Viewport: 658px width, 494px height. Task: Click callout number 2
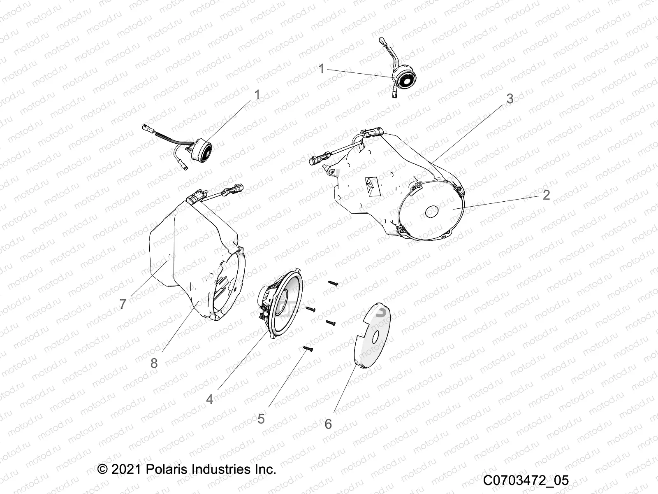click(546, 195)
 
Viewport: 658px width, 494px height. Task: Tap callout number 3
click(510, 99)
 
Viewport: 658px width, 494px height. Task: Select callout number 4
click(210, 399)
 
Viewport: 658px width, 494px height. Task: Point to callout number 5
click(261, 419)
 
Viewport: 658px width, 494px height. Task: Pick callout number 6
click(328, 424)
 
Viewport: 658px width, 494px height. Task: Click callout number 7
click(123, 304)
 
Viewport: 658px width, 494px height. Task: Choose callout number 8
click(154, 363)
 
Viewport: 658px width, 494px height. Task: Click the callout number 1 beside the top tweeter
click(322, 69)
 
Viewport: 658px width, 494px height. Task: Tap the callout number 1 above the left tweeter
click(257, 95)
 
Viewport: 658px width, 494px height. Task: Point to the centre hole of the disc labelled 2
click(433, 212)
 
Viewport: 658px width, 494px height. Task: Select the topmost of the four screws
click(333, 283)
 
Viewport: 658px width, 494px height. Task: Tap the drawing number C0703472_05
click(526, 480)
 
